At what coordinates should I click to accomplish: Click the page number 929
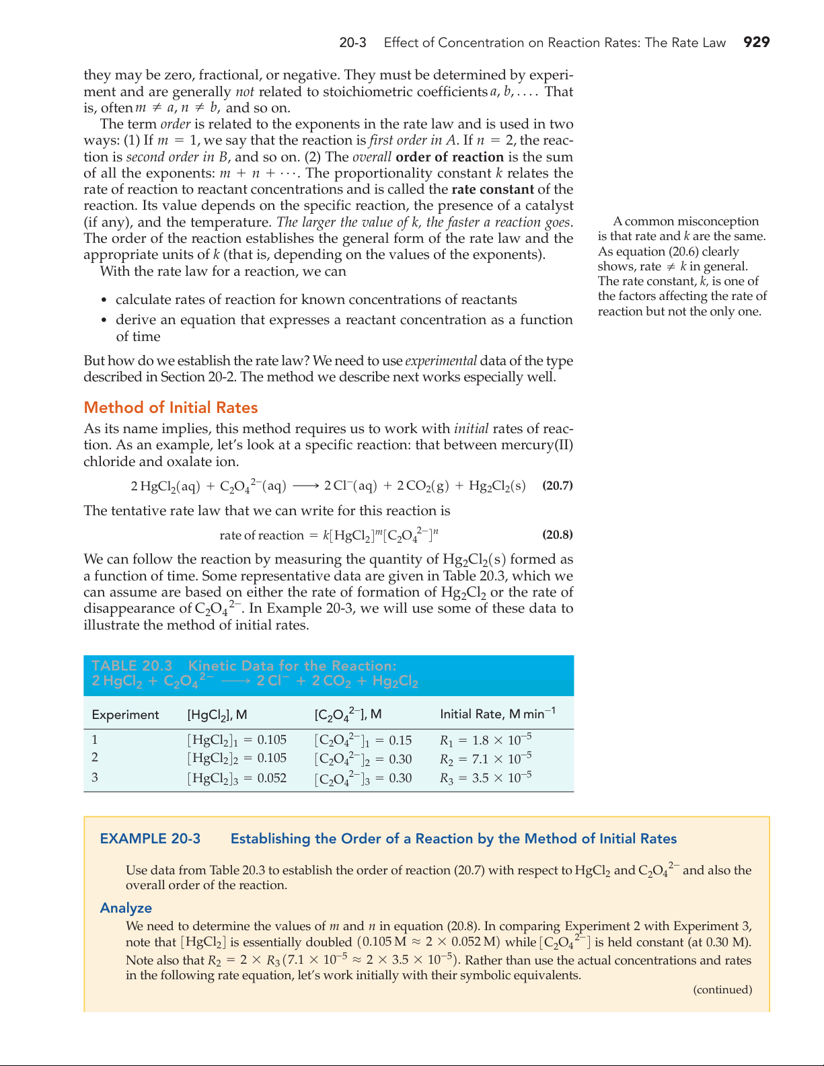(756, 42)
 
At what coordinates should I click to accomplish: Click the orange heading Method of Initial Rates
(171, 408)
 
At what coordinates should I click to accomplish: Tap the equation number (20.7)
(558, 486)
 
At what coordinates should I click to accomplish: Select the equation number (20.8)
(558, 535)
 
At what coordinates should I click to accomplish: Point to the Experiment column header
(125, 714)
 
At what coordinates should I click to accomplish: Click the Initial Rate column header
(497, 714)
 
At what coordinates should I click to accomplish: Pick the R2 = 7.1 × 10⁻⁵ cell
(486, 759)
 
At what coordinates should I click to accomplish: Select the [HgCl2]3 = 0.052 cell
(237, 778)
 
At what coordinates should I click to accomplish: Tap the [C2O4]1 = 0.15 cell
(363, 740)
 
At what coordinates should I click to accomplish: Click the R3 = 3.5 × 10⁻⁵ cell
(486, 778)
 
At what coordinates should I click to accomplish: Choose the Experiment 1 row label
(95, 740)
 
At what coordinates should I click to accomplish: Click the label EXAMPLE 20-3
(150, 839)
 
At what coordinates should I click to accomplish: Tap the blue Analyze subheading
(126, 908)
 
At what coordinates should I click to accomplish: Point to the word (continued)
(722, 989)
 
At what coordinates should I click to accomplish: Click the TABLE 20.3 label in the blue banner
(132, 666)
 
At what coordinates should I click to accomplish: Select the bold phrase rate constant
(492, 190)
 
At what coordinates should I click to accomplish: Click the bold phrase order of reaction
(449, 157)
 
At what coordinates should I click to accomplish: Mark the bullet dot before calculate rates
(104, 301)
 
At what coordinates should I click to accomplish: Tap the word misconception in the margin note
(718, 221)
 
